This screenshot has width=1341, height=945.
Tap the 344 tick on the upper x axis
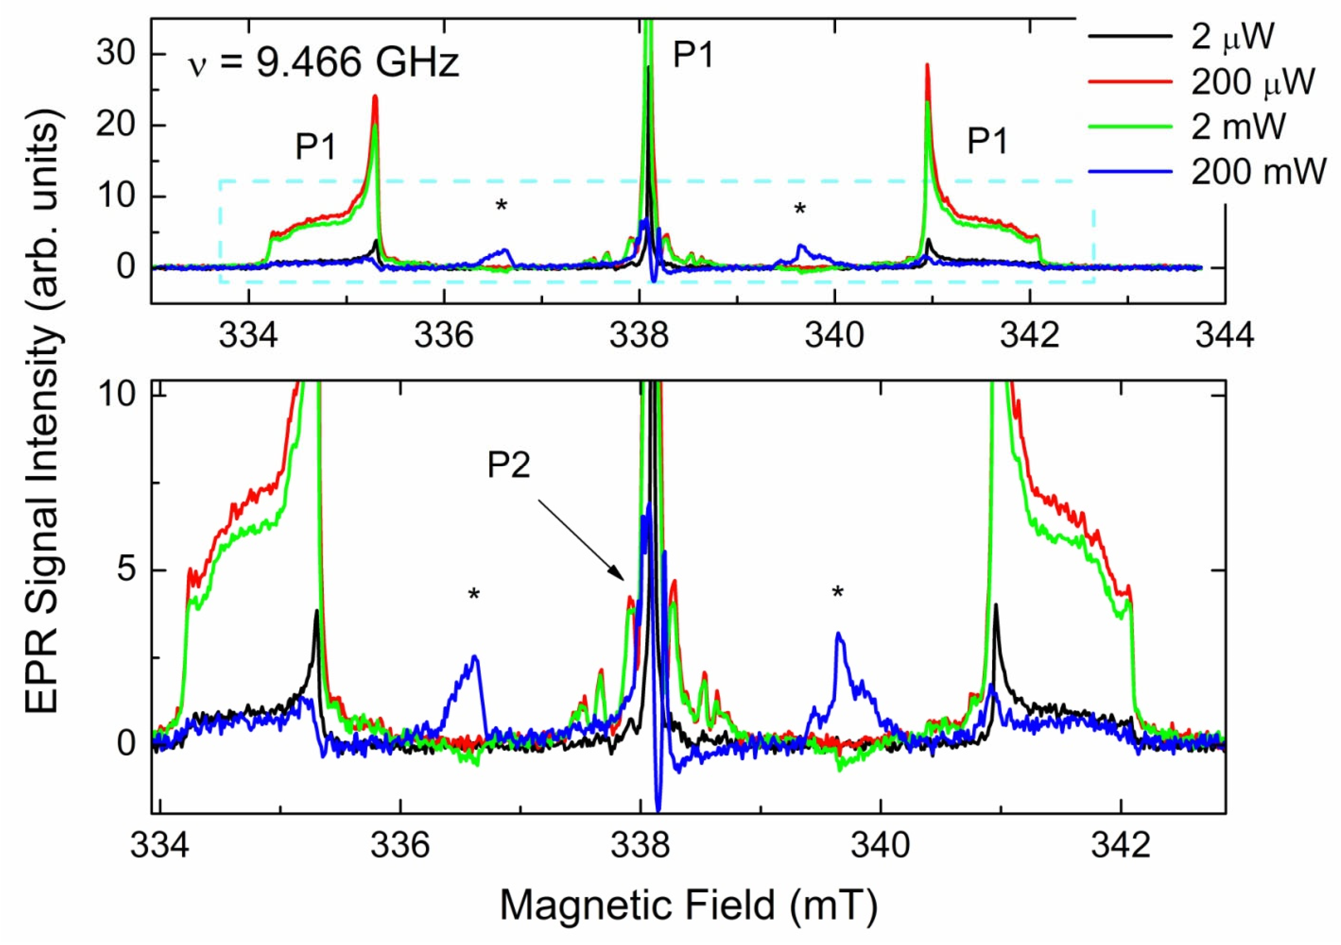point(1224,337)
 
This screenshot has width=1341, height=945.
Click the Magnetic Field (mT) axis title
point(689,906)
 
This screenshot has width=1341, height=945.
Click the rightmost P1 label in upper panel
point(987,141)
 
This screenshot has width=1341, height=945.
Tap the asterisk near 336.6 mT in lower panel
point(474,594)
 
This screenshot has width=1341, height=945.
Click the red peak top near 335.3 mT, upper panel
point(375,98)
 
